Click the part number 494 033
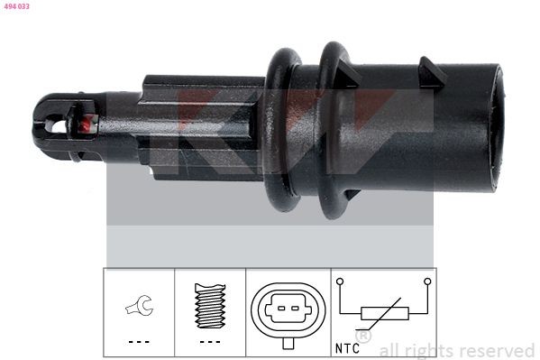(16, 5)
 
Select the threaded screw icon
(210, 306)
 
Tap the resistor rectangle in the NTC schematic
(384, 314)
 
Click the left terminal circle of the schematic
(341, 282)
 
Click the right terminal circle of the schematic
(427, 282)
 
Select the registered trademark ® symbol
(362, 337)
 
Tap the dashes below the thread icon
(210, 342)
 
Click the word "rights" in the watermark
(428, 350)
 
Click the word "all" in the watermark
(389, 350)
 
